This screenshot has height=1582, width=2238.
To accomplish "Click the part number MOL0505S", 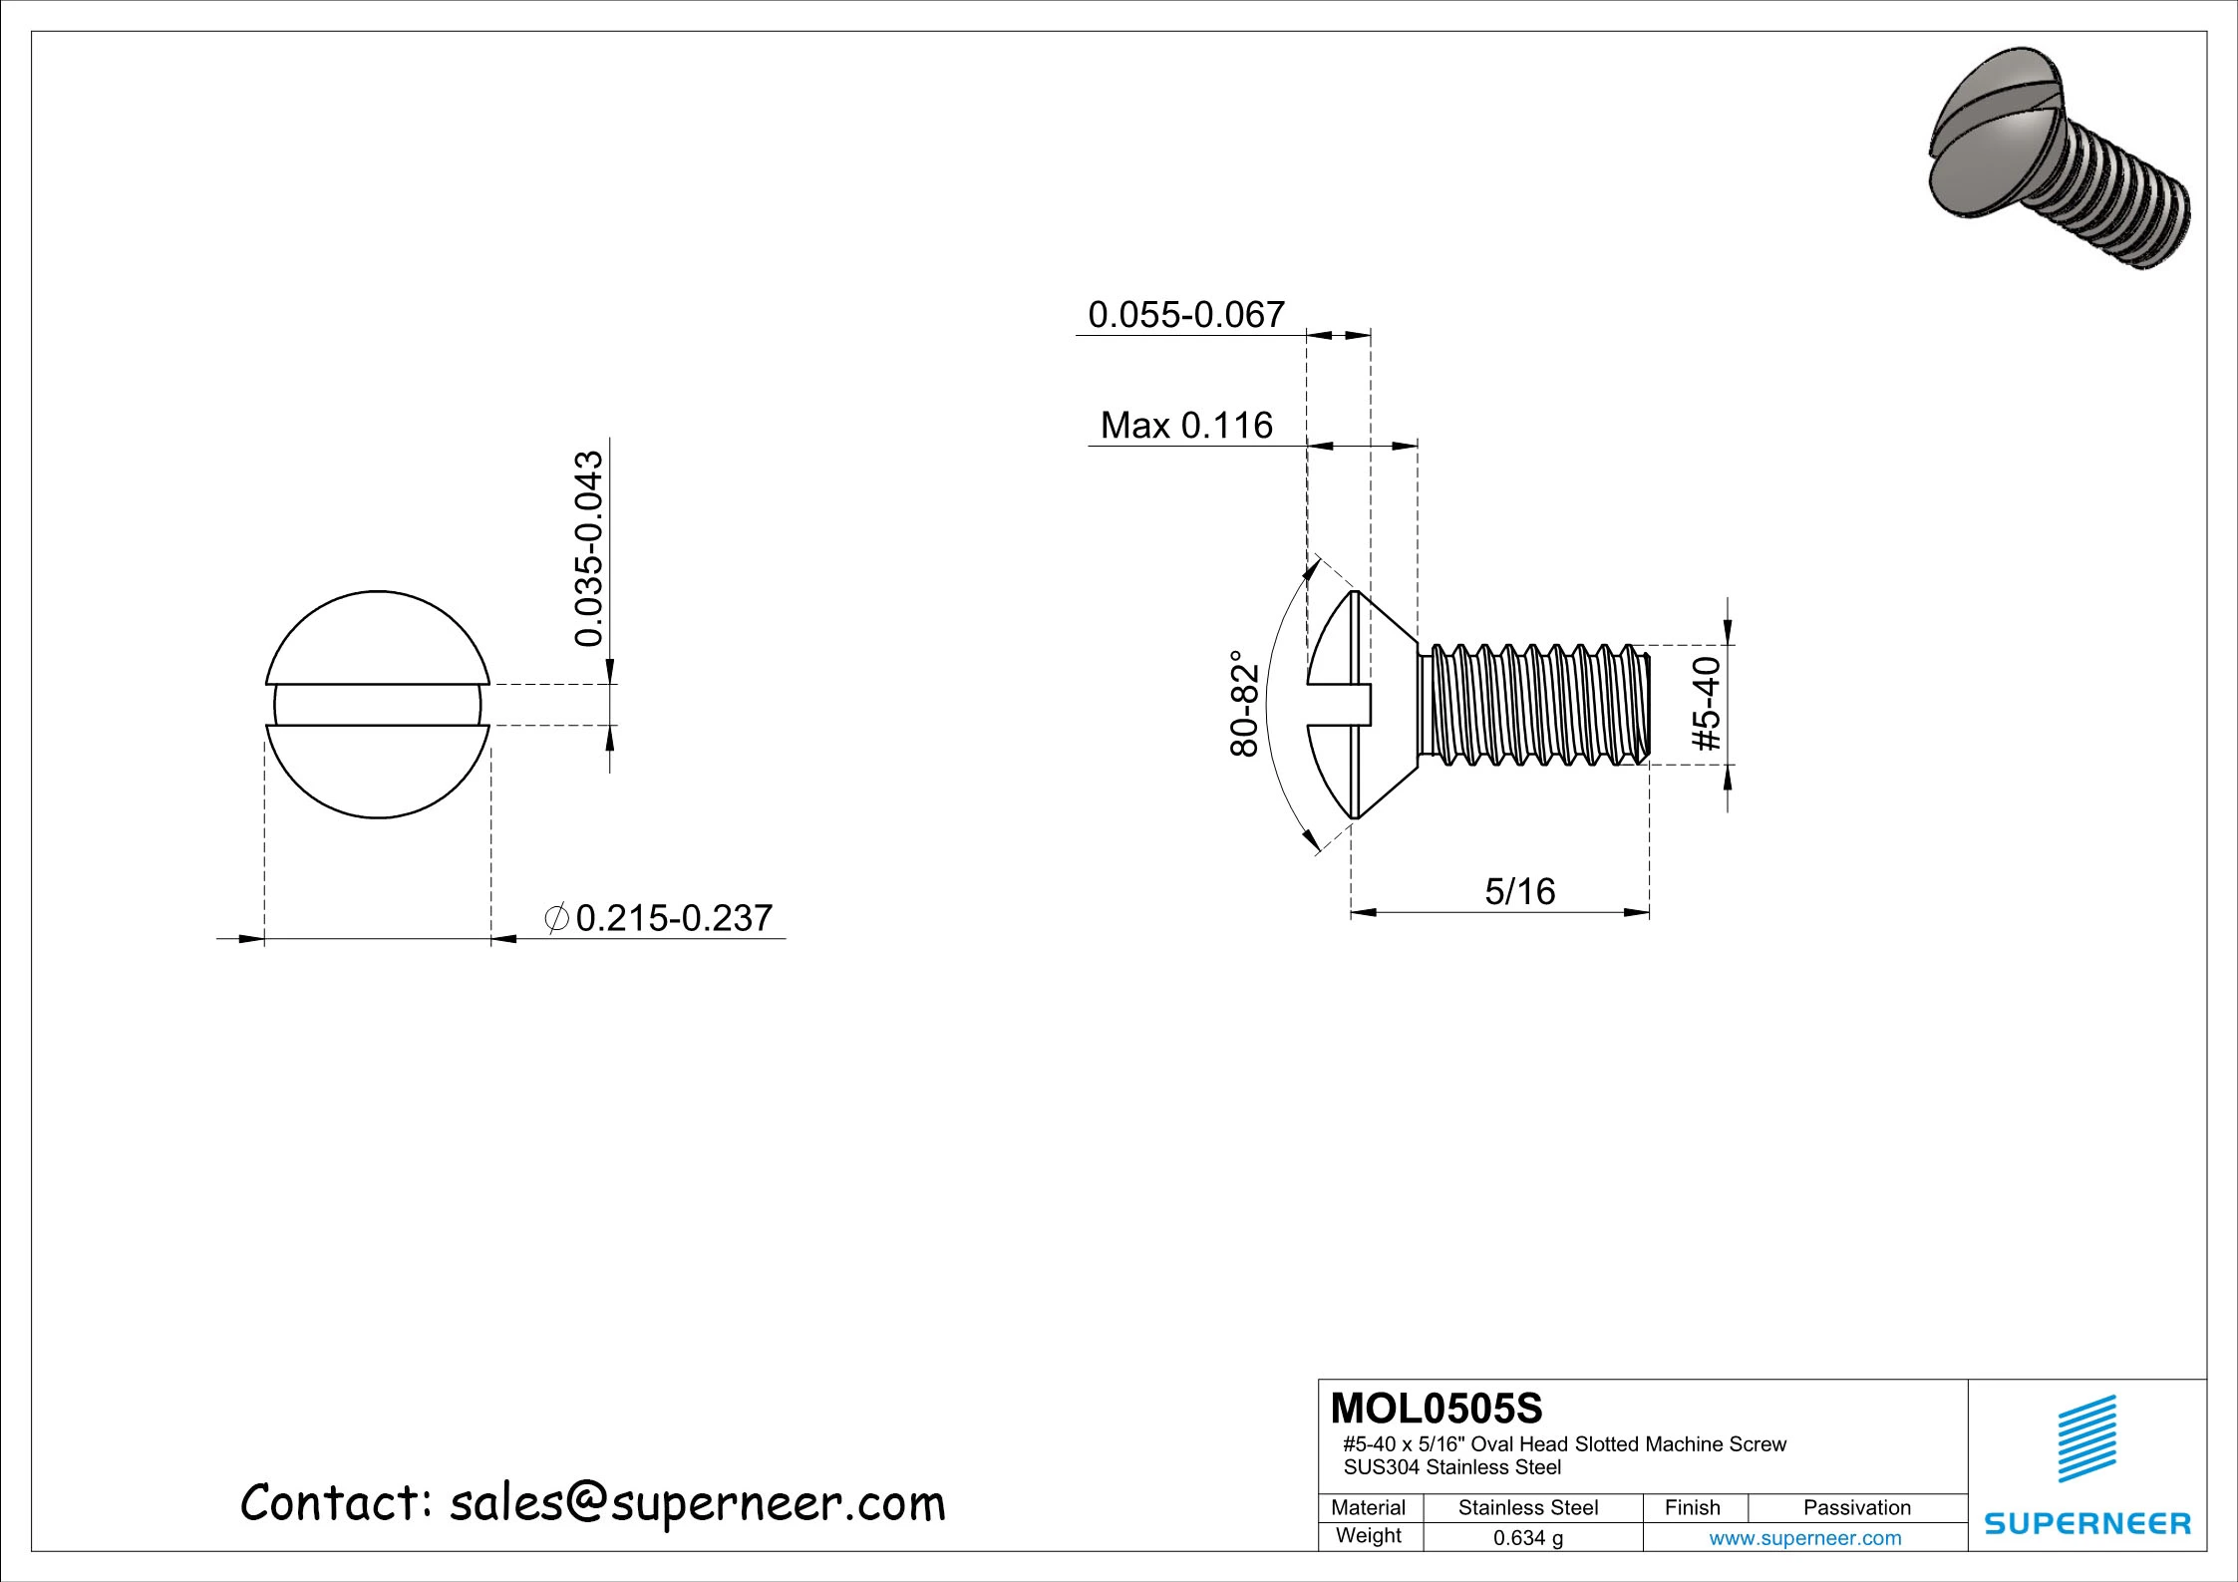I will click(1436, 1409).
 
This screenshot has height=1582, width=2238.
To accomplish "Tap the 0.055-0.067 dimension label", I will click(1185, 315).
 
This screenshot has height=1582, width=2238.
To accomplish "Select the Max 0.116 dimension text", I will click(1185, 426).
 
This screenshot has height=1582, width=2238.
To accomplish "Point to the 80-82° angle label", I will click(1244, 704).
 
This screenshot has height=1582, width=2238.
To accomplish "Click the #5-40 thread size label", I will click(1707, 704).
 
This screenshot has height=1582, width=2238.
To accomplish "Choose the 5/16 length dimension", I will click(1519, 891).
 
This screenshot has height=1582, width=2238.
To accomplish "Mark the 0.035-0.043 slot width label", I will click(590, 548).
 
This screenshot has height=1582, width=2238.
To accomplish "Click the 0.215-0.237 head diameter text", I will click(674, 918).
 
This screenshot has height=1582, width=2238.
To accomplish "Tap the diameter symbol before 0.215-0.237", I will click(557, 918).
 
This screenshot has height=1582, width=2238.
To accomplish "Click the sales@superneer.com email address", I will click(697, 1503).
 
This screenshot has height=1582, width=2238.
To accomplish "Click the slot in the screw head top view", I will click(377, 705).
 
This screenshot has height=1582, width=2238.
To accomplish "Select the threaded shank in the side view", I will click(1535, 705).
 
